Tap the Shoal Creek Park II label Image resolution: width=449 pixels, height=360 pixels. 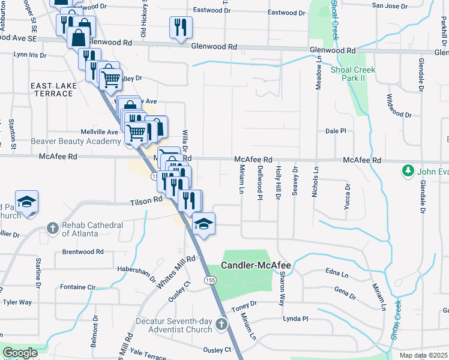tap(352, 74)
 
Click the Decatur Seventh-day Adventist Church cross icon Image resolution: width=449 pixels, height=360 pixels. tap(221, 325)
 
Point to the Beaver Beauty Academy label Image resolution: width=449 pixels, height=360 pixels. tap(76, 141)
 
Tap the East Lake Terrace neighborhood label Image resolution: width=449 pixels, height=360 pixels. tap(54, 90)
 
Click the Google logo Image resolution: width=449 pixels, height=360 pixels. tap(20, 353)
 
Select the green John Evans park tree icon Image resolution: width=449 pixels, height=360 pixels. tap(408, 171)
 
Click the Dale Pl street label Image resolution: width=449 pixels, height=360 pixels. tap(336, 131)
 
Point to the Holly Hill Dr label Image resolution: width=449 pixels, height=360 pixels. tap(278, 182)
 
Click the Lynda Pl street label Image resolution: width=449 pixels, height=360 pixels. tap(295, 319)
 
